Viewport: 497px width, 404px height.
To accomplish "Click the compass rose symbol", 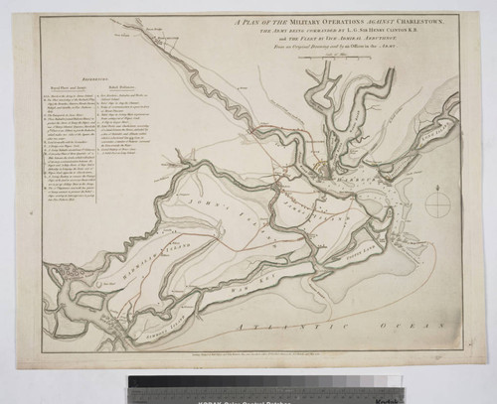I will click(438, 203).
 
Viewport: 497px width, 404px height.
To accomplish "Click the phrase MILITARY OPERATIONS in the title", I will click(299, 22).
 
